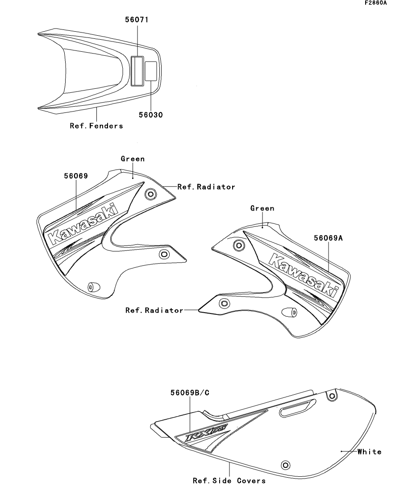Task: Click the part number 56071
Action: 137,20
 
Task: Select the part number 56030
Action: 150,115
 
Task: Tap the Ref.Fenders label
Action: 96,126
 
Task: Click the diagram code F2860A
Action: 375,3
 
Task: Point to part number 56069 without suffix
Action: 75,176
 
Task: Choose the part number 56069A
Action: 328,239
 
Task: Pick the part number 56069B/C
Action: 190,393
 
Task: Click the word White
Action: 369,452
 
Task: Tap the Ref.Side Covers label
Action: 229,480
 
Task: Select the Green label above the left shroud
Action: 133,159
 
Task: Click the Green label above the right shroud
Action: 262,208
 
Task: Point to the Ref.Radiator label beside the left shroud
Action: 206,187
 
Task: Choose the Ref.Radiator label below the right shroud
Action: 154,310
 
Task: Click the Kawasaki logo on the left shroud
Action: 82,224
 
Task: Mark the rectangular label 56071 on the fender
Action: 137,70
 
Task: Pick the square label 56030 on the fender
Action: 151,70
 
